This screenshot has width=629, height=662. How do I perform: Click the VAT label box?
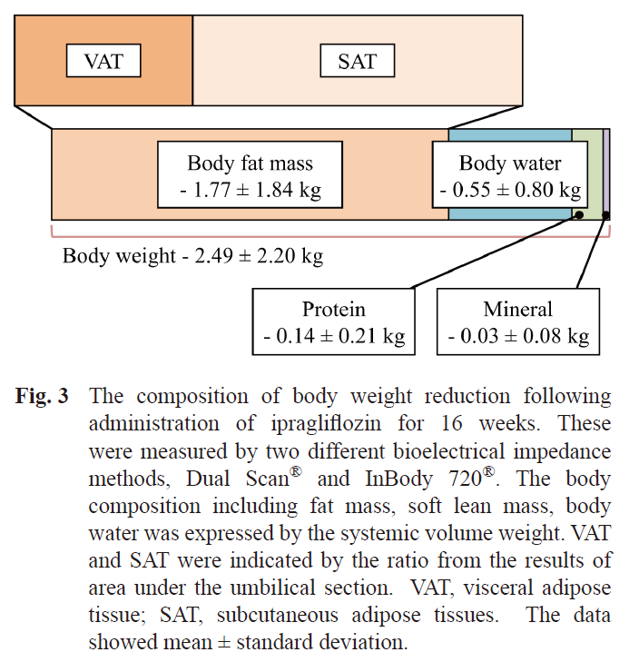coord(103,62)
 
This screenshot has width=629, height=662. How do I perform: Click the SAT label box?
coord(358,62)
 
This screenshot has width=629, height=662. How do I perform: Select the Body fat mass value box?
coord(250,178)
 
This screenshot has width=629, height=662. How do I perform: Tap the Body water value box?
coord(510,178)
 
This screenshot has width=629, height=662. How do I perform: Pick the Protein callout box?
coord(333,322)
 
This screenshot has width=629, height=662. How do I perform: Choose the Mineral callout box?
coord(518,322)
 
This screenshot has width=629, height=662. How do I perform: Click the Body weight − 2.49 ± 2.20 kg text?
coord(192,255)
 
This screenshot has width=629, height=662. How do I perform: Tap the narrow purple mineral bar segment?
coord(607,173)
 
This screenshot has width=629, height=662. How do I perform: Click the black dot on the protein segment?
coord(578,214)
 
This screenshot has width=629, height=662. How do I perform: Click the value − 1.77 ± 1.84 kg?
coord(251,191)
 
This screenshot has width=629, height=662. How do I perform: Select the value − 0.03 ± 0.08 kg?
coord(518,336)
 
